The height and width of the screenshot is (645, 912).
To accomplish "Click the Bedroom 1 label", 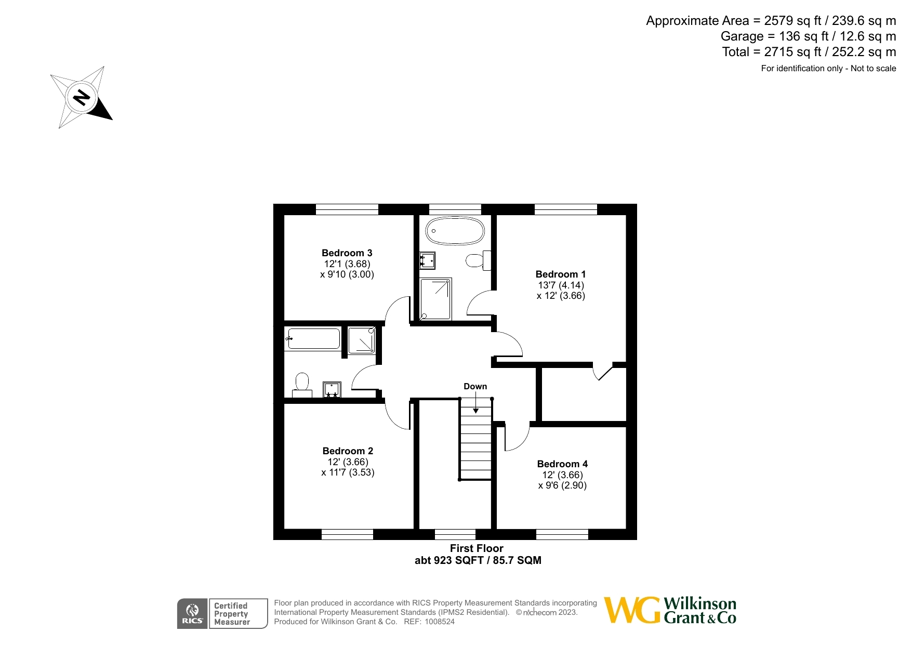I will tap(560, 274).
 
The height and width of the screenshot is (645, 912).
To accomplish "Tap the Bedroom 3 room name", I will tap(347, 253).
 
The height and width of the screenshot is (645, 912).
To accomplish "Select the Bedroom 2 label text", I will tap(348, 451).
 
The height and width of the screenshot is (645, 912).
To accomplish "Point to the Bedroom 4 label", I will tap(562, 464).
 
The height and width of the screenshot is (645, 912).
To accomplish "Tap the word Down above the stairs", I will tap(475, 386).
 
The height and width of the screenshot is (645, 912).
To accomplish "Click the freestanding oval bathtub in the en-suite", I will tap(455, 231).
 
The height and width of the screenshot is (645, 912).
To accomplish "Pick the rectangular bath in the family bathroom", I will tap(313, 339).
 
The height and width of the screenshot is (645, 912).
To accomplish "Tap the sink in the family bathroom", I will tap(332, 389).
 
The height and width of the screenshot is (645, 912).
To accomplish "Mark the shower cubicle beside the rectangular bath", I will tap(361, 340).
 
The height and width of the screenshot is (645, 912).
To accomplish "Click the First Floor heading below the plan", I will tap(477, 548).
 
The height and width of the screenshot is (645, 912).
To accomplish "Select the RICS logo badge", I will tap(192, 614).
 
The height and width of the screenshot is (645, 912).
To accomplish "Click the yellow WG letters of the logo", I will tap(631, 610).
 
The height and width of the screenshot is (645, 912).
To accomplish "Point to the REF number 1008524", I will tap(440, 622).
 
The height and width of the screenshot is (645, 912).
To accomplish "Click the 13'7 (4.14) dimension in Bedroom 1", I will tap(561, 285).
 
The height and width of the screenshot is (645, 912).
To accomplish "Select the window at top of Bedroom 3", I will tap(347, 209).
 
